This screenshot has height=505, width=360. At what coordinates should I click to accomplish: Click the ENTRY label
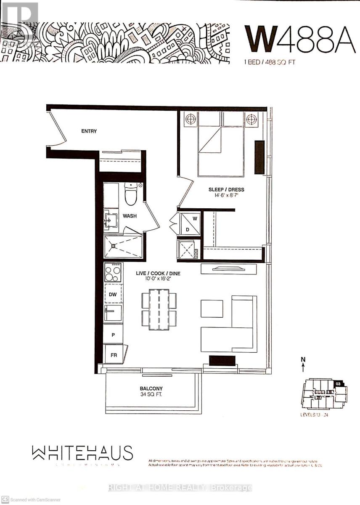89,131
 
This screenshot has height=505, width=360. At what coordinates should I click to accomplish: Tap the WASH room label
129,216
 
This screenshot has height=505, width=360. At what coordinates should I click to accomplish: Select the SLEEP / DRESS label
226,189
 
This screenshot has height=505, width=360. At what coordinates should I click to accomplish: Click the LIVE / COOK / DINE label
158,274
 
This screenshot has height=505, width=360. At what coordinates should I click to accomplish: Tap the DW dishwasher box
113,295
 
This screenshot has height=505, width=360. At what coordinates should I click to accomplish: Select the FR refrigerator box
114,354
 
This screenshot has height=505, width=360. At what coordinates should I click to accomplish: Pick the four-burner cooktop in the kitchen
113,272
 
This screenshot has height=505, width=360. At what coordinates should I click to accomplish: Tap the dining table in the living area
159,309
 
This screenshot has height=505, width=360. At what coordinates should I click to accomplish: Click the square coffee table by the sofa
212,308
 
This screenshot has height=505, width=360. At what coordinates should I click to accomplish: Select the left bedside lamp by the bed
191,119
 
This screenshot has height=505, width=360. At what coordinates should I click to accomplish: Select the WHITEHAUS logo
82,453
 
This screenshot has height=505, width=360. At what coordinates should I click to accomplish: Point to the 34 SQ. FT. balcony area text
151,395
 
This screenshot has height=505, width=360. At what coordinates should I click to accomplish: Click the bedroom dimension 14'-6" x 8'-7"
226,196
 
